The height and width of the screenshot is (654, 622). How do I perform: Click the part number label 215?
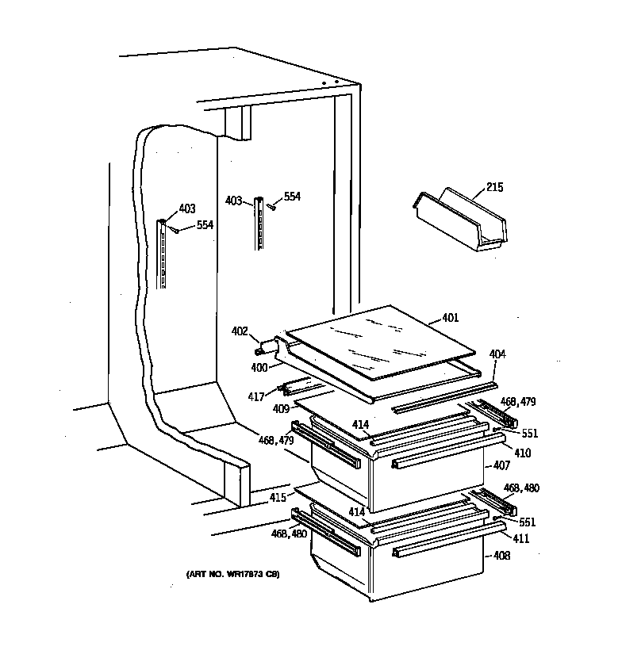pyautogui.click(x=494, y=188)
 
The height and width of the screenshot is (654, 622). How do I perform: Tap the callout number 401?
pyautogui.click(x=450, y=319)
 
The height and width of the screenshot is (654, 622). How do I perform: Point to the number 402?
pyautogui.click(x=240, y=331)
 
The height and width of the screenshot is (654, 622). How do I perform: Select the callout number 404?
pyautogui.click(x=497, y=354)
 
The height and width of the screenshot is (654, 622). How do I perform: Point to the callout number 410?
pyautogui.click(x=523, y=453)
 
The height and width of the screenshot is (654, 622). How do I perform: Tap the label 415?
pyautogui.click(x=277, y=498)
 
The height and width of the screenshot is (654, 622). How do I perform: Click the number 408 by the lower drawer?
pyautogui.click(x=501, y=556)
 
